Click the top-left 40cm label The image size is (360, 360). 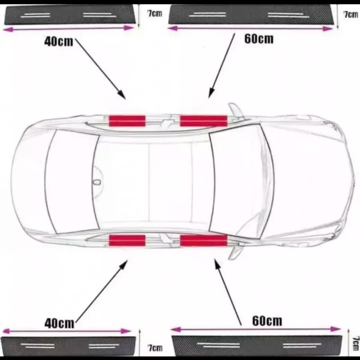[x=58, y=42]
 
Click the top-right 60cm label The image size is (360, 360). [x=259, y=38]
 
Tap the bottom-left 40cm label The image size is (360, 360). [x=59, y=323]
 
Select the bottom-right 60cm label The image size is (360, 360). [x=267, y=321]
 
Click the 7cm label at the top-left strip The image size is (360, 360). [x=155, y=13]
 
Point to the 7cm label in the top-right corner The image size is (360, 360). [x=351, y=15]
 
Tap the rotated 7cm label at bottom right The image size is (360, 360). [x=356, y=344]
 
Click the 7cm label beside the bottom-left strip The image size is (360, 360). [x=155, y=348]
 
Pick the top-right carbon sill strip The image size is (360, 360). [x=250, y=14]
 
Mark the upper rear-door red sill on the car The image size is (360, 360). [x=127, y=121]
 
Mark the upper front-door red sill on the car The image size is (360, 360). [x=204, y=121]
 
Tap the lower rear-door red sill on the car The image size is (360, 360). [x=127, y=240]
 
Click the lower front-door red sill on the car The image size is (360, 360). [x=204, y=240]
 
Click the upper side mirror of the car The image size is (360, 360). [x=236, y=110]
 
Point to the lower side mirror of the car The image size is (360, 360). [x=236, y=252]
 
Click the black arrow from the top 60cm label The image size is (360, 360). [x=222, y=66]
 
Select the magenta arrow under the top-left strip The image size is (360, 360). [x=68, y=29]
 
